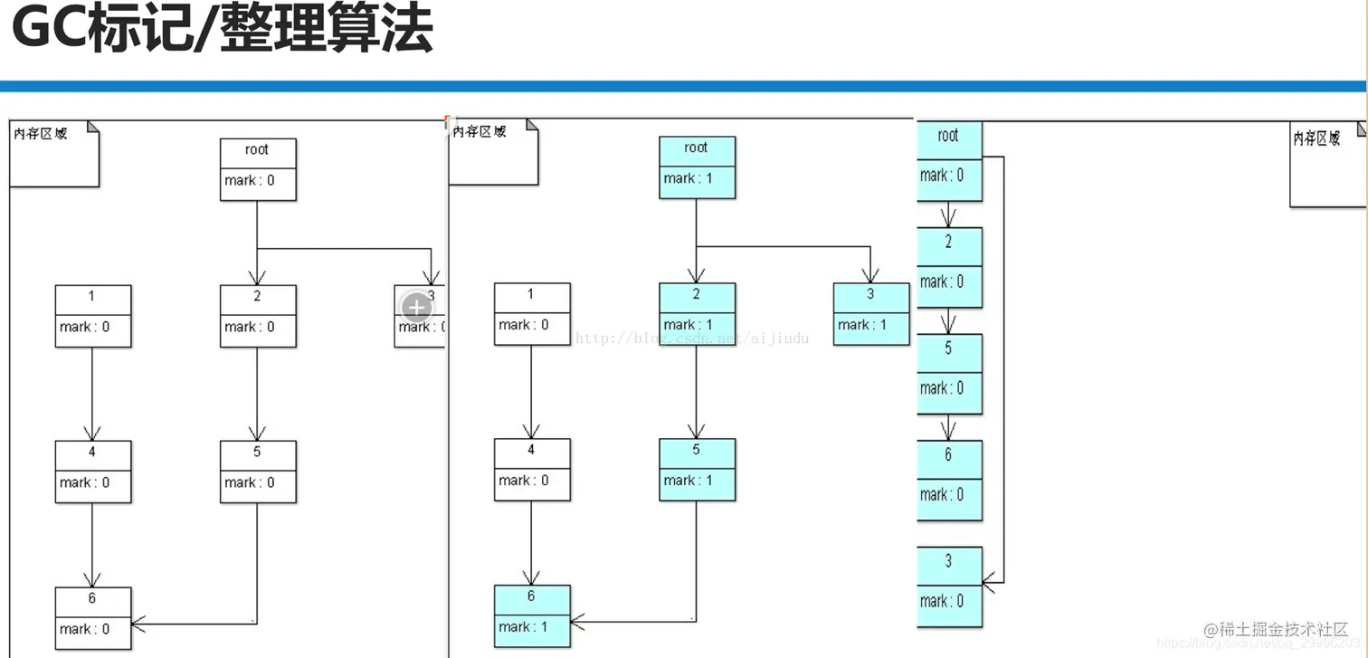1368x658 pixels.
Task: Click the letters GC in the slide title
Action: [x=50, y=30]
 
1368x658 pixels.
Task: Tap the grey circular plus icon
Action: [x=416, y=308]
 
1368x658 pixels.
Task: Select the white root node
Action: [x=258, y=169]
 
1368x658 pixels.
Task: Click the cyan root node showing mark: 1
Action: [x=697, y=167]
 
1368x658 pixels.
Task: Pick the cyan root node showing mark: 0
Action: [x=948, y=159]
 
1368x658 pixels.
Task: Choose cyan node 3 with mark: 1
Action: [x=870, y=313]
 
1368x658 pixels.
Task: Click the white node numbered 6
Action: [x=93, y=617]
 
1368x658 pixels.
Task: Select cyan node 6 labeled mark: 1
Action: [x=532, y=615]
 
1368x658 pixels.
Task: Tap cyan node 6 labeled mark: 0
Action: [x=948, y=480]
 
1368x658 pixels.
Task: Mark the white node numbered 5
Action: [x=258, y=471]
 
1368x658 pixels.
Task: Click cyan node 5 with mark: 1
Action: [x=697, y=469]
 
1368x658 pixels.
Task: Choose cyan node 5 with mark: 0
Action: [x=948, y=374]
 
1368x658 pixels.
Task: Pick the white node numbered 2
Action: [x=258, y=316]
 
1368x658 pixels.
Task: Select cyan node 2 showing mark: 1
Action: [x=697, y=313]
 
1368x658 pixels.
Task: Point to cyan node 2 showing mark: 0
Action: [x=948, y=267]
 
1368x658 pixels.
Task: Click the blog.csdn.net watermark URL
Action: [x=692, y=339]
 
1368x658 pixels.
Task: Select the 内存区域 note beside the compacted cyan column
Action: [x=1325, y=163]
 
